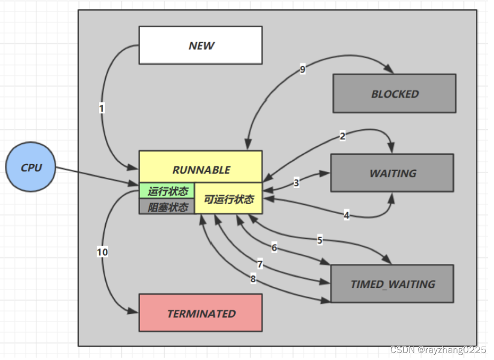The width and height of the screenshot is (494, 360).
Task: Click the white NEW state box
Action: tap(200, 45)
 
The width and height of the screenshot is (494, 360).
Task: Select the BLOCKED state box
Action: tap(395, 93)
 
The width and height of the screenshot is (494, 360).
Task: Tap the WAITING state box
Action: tap(392, 173)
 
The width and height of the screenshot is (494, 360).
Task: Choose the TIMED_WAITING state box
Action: tap(392, 284)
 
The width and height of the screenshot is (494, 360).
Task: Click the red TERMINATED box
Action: tap(200, 313)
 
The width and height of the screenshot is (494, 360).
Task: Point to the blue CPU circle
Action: tap(31, 167)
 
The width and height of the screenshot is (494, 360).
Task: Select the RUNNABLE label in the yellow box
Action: tap(201, 170)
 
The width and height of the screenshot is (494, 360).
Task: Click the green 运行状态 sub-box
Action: tap(167, 191)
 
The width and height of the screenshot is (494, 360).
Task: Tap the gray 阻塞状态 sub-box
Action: tap(167, 207)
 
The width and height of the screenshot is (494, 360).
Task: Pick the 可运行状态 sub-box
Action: tap(229, 199)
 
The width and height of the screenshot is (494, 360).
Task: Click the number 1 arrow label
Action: tap(102, 108)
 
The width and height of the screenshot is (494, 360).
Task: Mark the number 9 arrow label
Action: tap(303, 69)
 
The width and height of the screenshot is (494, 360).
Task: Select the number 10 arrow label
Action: tap(102, 252)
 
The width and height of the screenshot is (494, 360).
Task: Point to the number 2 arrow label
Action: tap(343, 136)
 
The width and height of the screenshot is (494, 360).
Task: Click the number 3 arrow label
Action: tap(296, 183)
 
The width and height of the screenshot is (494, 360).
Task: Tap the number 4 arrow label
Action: tap(346, 216)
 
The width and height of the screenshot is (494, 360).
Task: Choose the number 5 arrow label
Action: tap(320, 240)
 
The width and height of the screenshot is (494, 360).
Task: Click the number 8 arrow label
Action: tap(253, 278)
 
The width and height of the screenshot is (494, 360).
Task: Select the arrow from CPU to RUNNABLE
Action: tap(96, 177)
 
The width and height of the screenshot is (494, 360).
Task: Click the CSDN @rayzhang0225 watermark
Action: tap(438, 350)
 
